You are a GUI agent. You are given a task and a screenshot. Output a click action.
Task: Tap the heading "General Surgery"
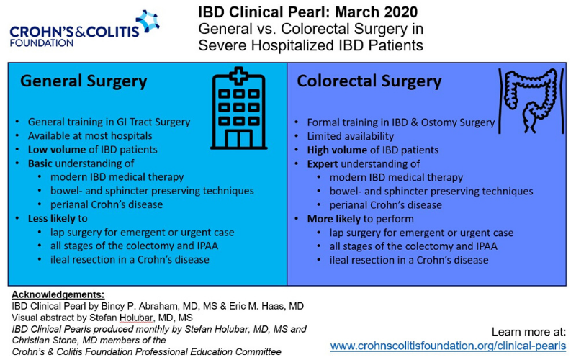point(84,81)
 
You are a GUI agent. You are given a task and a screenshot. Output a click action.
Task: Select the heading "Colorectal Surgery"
point(369,81)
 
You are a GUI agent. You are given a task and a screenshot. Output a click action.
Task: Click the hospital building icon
point(239,109)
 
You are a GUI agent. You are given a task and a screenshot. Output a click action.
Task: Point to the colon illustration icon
point(531,100)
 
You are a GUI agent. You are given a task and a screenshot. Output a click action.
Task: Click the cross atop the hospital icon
point(239,76)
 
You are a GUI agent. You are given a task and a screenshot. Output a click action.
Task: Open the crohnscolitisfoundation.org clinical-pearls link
point(448,346)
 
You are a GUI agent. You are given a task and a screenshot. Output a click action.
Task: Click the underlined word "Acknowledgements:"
point(58,294)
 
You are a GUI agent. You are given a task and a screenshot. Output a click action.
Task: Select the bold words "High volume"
point(337,150)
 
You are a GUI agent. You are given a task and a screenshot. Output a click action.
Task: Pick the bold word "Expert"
point(322,164)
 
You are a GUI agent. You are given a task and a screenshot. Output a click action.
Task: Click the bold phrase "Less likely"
point(53,219)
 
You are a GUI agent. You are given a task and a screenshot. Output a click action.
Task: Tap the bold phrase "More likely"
point(333,219)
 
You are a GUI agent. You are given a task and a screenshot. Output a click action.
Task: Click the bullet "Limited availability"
point(351,136)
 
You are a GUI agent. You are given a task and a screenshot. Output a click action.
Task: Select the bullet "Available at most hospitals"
point(90,136)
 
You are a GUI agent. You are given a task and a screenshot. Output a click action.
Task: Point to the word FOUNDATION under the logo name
point(42,43)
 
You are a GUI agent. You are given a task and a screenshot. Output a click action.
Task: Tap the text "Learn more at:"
point(528,332)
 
